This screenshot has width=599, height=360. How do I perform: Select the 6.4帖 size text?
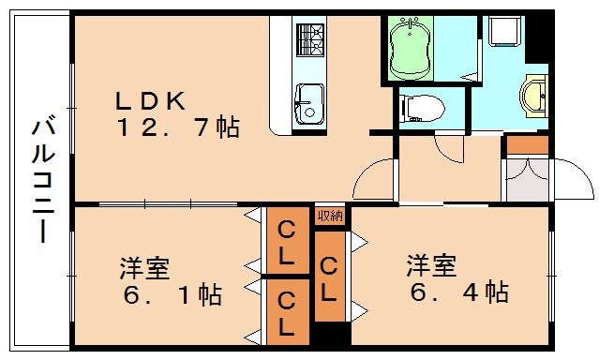tap(458, 292)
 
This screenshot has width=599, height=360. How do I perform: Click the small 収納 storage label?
tap(330, 216)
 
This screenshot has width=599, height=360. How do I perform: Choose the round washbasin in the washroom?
tap(535, 93)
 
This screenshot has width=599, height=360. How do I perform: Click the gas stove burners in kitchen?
tap(309, 39)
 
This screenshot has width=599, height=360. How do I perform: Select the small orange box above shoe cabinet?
tap(527, 144)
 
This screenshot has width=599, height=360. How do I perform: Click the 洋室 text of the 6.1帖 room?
tap(144, 268)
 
